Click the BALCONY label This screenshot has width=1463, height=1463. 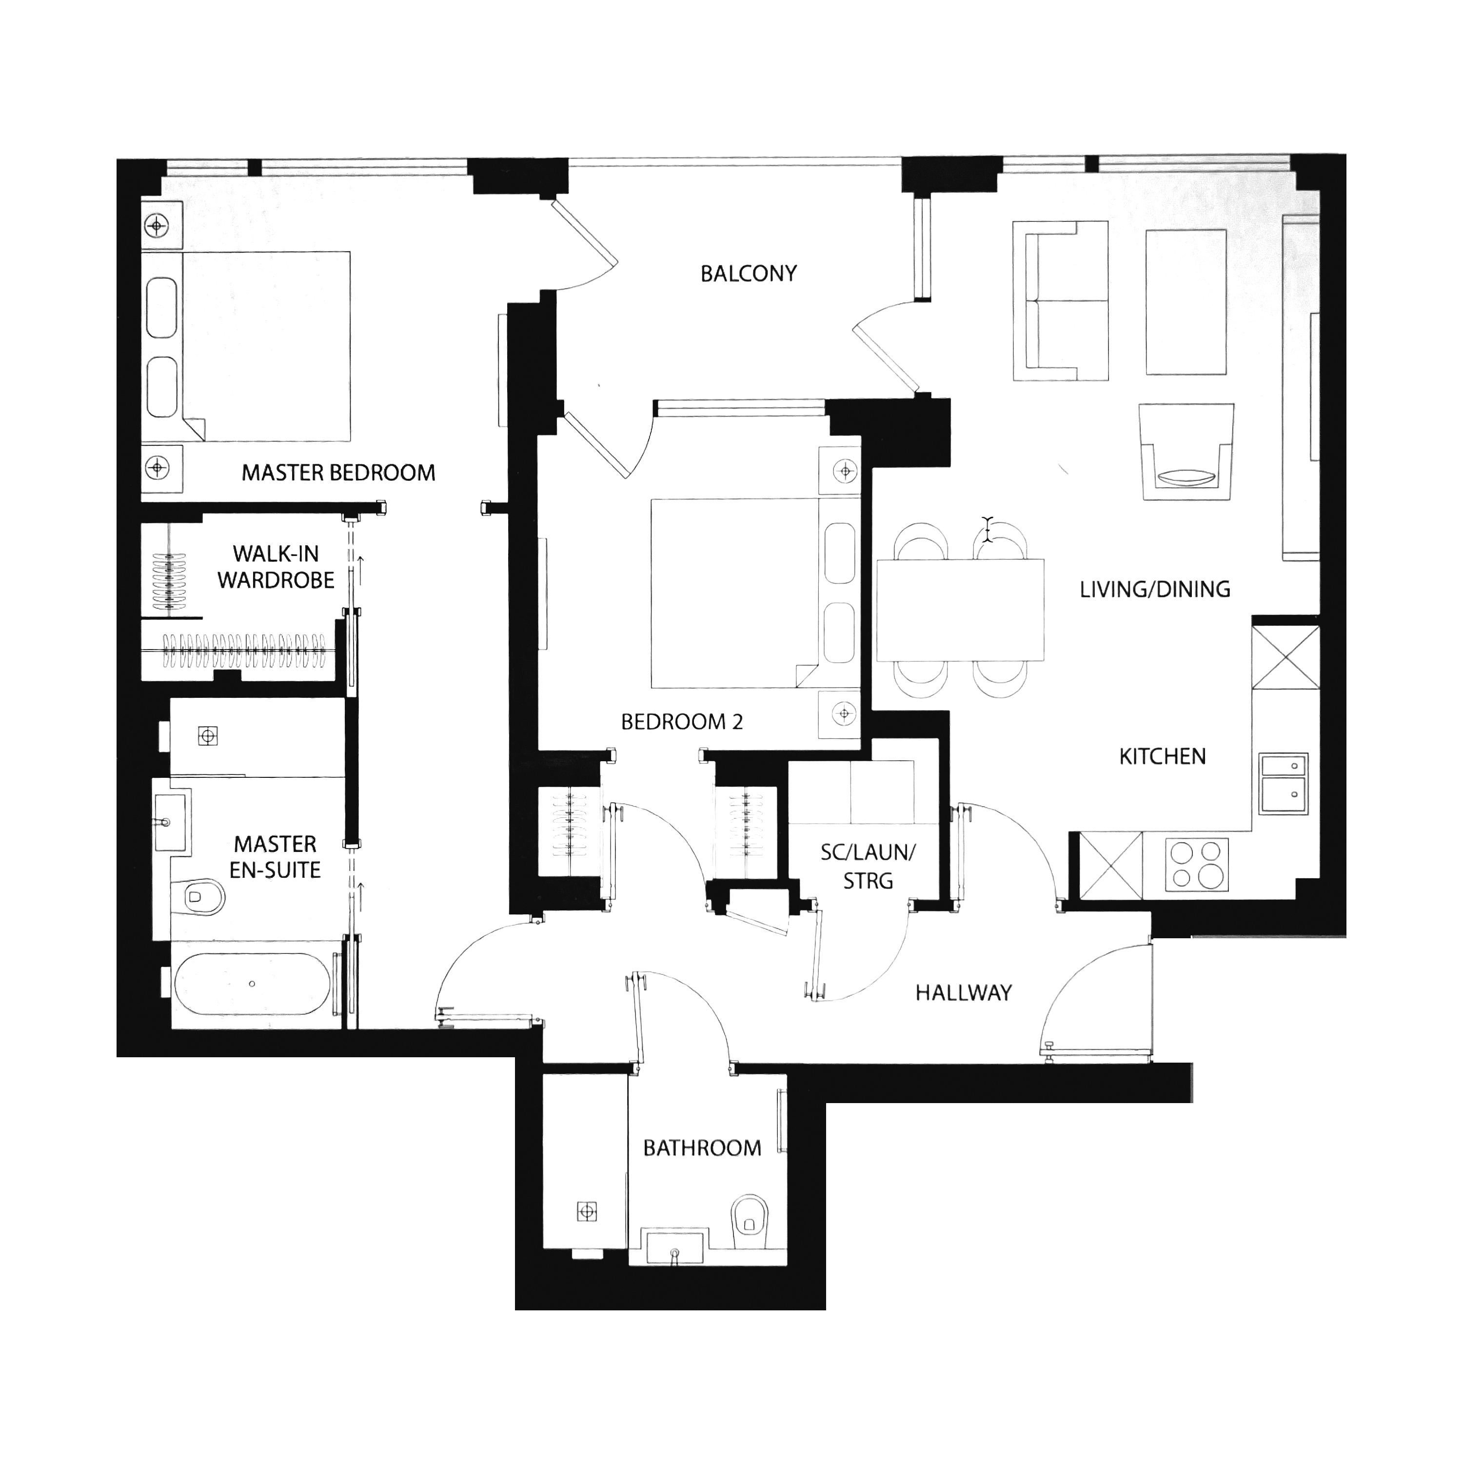tap(748, 274)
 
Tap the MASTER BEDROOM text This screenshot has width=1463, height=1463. tap(338, 473)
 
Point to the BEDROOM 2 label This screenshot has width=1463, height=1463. tap(682, 722)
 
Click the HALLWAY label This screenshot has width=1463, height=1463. tap(963, 993)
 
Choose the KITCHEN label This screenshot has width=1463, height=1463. tap(1163, 756)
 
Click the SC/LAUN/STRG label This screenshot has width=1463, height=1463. tap(868, 866)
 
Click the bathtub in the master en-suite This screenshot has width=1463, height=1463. tap(252, 983)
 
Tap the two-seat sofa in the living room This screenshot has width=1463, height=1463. tap(1060, 300)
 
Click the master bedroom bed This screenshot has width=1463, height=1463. tap(246, 346)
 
